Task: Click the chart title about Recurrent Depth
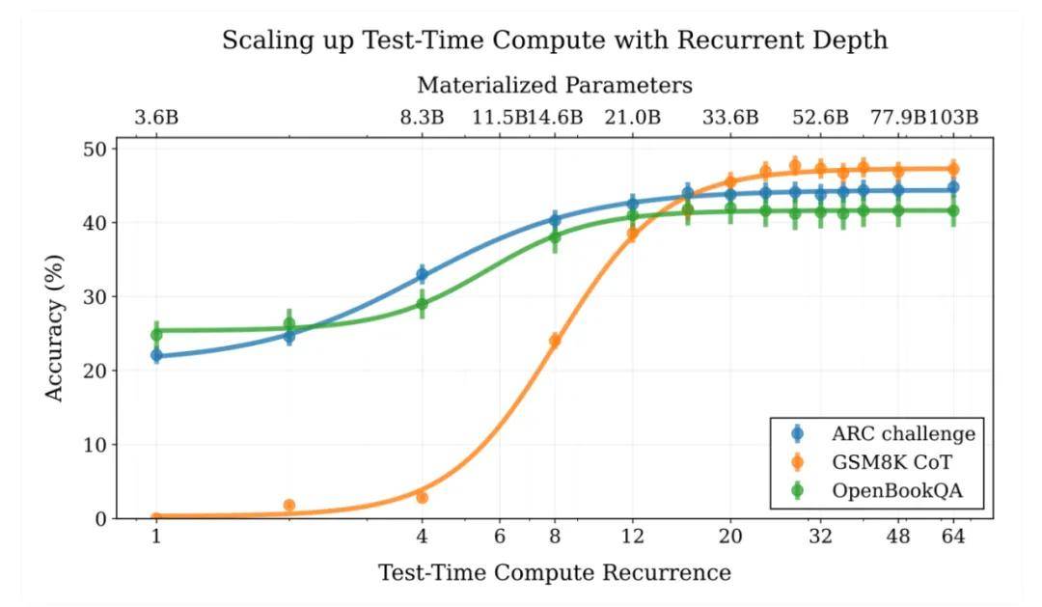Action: click(554, 41)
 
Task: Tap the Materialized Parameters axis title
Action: click(554, 85)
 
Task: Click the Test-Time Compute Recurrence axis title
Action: click(554, 572)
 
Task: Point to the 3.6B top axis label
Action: click(156, 118)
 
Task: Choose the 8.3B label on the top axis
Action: click(422, 118)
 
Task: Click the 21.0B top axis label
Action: click(633, 118)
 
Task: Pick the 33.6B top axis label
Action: click(730, 118)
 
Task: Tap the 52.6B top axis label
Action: click(820, 118)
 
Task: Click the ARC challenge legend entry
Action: click(903, 433)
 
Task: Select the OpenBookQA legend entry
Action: click(897, 492)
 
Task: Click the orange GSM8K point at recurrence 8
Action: click(555, 340)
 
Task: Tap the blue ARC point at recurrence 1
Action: click(155, 355)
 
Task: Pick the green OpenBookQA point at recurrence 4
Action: click(422, 304)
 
